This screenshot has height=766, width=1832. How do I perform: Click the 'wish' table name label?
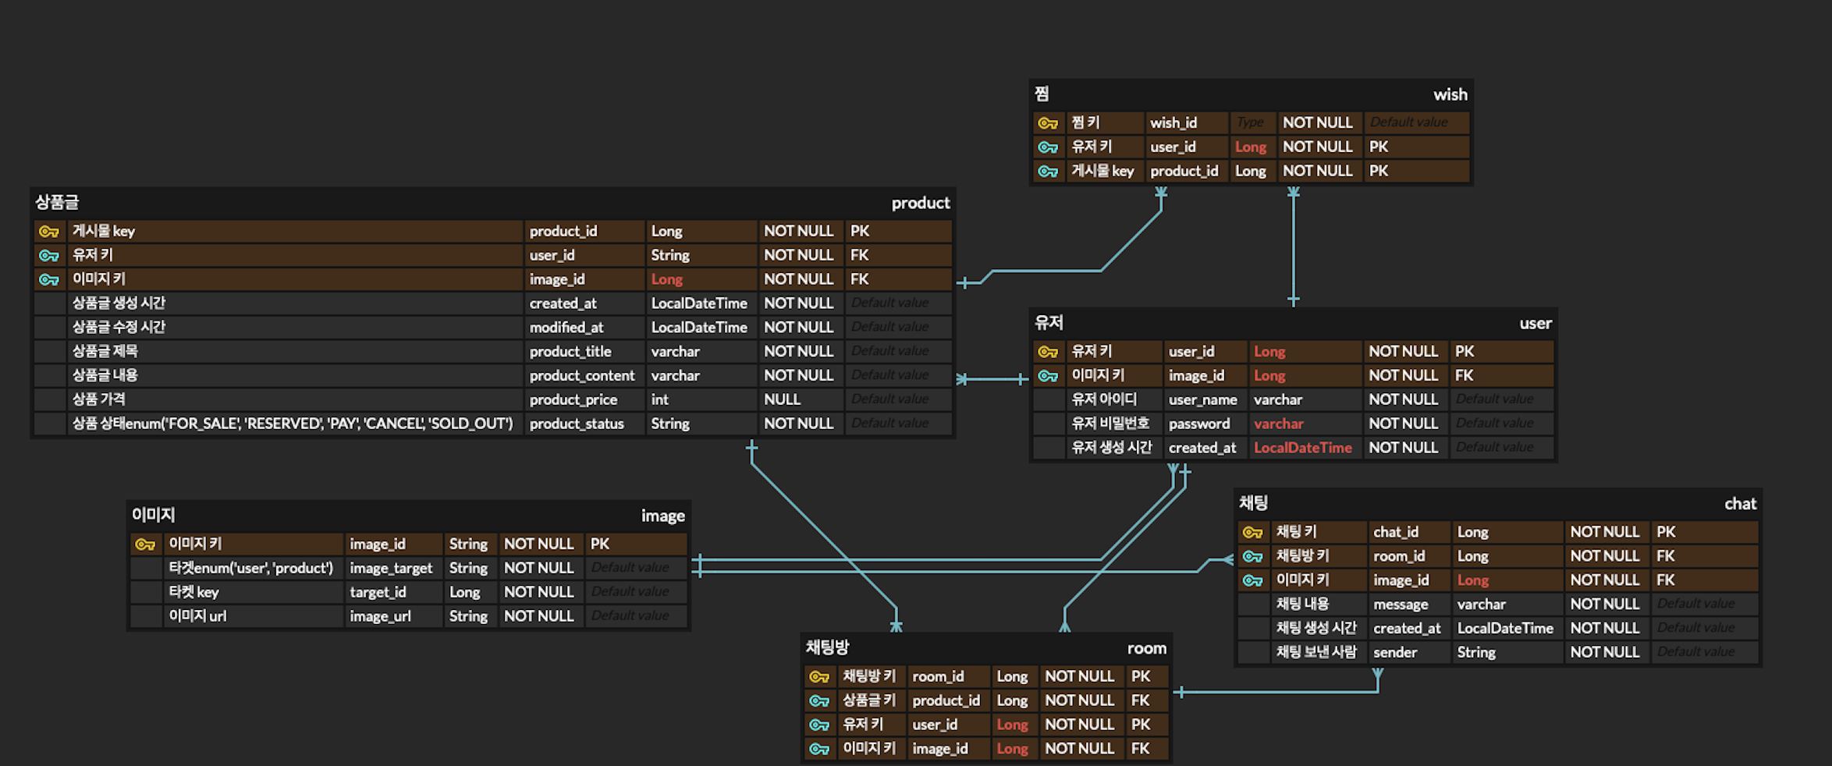pyautogui.click(x=1450, y=94)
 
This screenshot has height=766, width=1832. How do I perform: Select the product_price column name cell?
pyautogui.click(x=573, y=399)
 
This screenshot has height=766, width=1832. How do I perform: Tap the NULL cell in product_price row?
pyautogui.click(x=782, y=399)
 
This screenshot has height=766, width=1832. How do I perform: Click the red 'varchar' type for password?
pyautogui.click(x=1278, y=424)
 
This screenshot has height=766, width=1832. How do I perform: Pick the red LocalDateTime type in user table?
pyautogui.click(x=1302, y=448)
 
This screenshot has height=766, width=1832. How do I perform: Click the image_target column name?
pyautogui.click(x=391, y=568)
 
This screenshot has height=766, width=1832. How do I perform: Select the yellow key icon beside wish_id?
pyautogui.click(x=1047, y=123)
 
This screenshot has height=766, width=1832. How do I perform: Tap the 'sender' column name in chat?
pyautogui.click(x=1395, y=652)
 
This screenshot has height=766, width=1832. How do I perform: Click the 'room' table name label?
pyautogui.click(x=1146, y=648)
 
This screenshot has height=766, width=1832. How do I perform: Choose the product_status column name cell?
pyautogui.click(x=577, y=424)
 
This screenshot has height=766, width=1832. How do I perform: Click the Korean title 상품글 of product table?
pyautogui.click(x=57, y=203)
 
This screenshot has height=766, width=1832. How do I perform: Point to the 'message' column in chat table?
pyautogui.click(x=1401, y=604)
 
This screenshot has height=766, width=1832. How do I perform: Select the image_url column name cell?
pyautogui.click(x=380, y=616)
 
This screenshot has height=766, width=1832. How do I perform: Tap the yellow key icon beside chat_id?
pyautogui.click(x=1252, y=532)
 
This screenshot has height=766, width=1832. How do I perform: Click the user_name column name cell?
pyautogui.click(x=1202, y=399)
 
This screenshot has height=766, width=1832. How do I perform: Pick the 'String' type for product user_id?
pyautogui.click(x=670, y=255)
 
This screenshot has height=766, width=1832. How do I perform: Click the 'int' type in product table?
pyautogui.click(x=660, y=399)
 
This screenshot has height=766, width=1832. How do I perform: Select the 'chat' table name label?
pyautogui.click(x=1740, y=504)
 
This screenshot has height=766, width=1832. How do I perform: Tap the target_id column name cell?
pyautogui.click(x=378, y=592)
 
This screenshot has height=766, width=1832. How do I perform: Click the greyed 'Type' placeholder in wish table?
pyautogui.click(x=1249, y=122)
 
